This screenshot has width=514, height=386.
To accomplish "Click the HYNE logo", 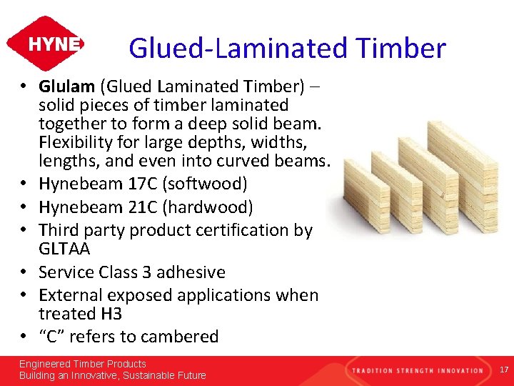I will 45,44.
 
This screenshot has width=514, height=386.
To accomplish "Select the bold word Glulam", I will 66,86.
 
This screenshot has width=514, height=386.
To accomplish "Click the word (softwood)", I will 205,184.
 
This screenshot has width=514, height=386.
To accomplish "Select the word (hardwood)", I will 208,207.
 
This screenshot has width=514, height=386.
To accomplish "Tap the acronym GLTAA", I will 65,248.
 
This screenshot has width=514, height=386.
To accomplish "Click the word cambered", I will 183,337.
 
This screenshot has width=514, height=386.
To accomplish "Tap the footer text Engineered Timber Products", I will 82,364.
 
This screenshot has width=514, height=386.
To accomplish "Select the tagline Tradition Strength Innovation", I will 416,370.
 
